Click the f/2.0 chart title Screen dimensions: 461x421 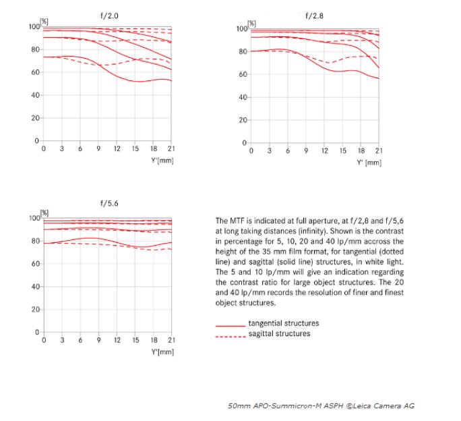coord(109,16)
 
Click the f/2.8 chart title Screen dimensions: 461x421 coord(314,16)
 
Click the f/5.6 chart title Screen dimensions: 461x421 coord(109,203)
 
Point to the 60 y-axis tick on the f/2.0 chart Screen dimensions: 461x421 coord(35,72)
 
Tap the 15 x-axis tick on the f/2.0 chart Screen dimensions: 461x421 coord(135,148)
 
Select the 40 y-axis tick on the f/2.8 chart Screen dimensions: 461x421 coord(243,97)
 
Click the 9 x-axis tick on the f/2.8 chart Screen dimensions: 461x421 coord(306,150)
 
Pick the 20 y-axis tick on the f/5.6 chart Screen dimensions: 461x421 coord(35,310)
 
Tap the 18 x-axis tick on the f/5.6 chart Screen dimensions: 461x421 coord(154,340)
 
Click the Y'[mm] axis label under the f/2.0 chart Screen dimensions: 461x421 coord(162,161)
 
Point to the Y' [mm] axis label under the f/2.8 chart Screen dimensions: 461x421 coord(369,163)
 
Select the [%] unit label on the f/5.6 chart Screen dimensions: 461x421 coord(44,213)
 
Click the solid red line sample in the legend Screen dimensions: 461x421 coord(230,326)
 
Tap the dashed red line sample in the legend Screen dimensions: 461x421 coord(230,337)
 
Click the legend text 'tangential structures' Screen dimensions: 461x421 coord(284,323)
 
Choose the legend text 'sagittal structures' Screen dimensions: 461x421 coord(279,333)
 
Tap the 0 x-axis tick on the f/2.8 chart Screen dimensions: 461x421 coord(251,150)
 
